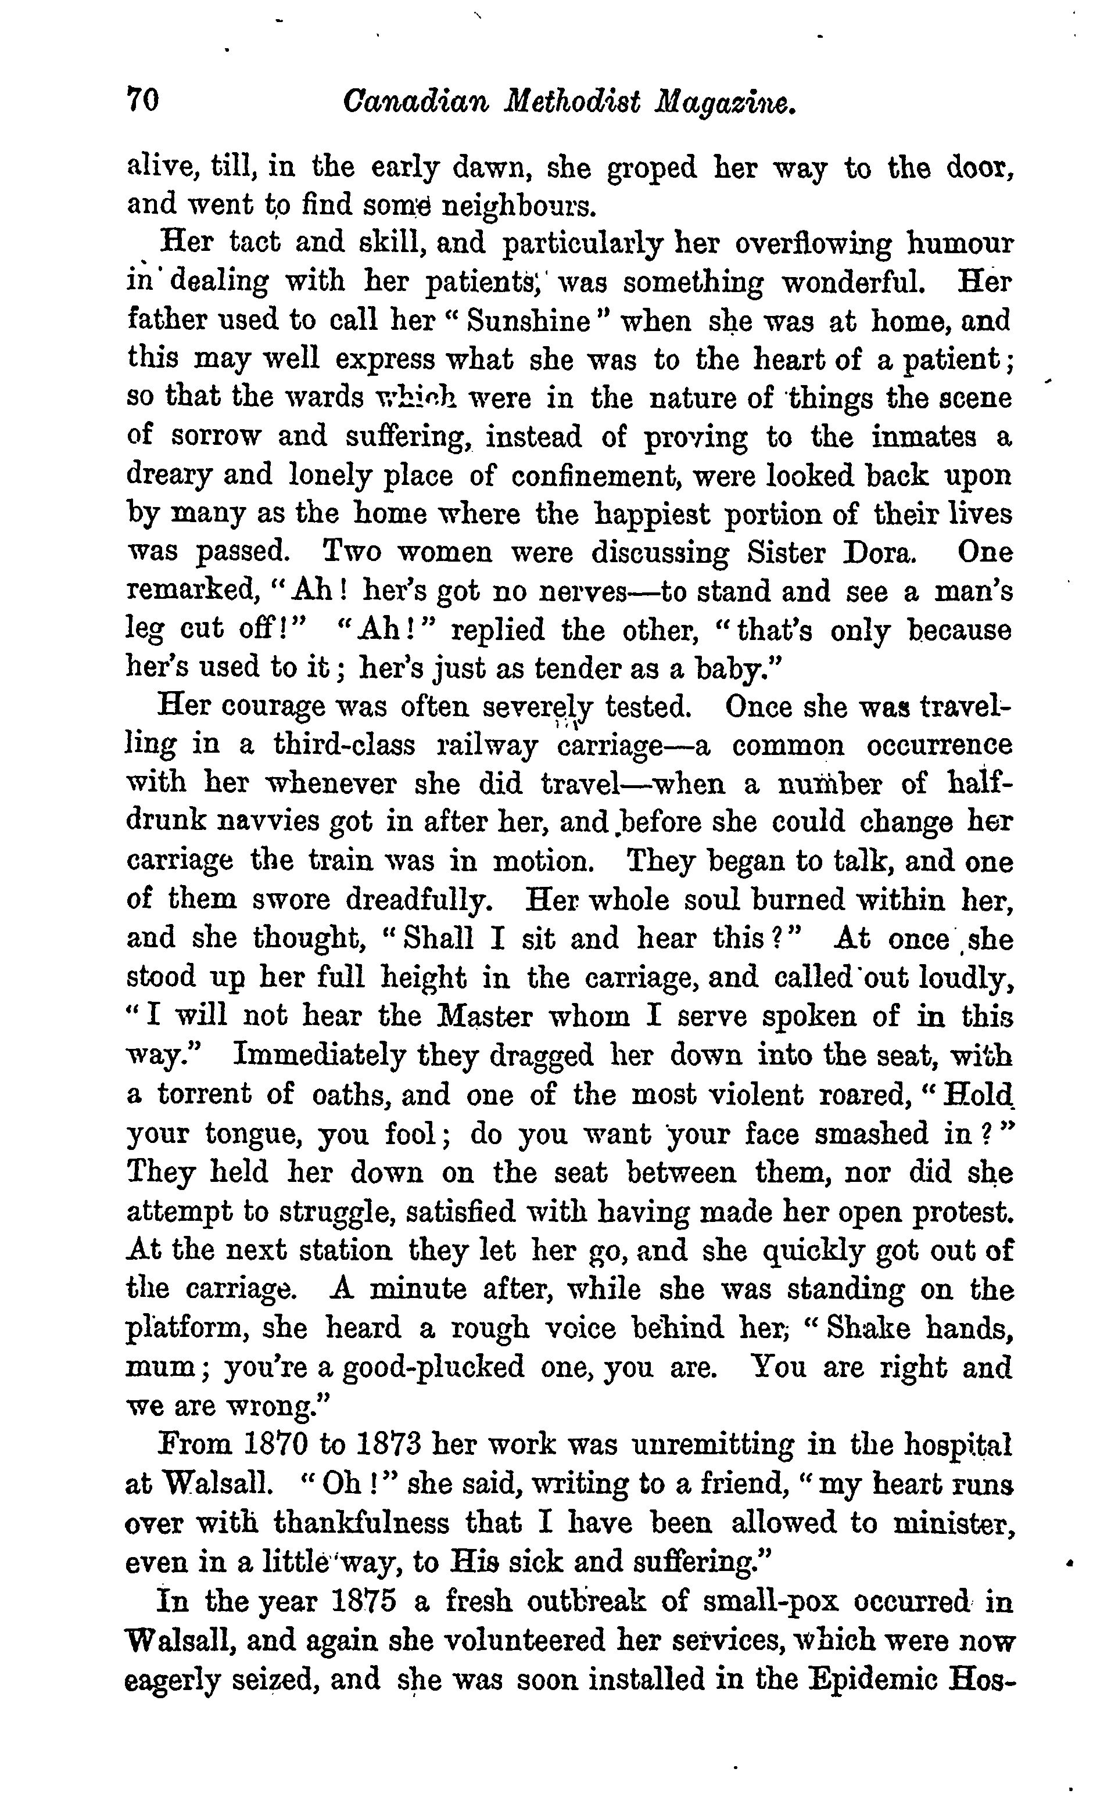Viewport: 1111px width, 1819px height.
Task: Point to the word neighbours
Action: pyautogui.click(x=517, y=206)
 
